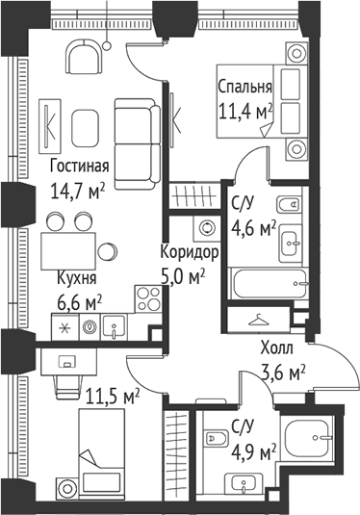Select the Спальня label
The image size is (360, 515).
[244, 86]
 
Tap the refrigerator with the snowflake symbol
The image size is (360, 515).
[65, 327]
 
